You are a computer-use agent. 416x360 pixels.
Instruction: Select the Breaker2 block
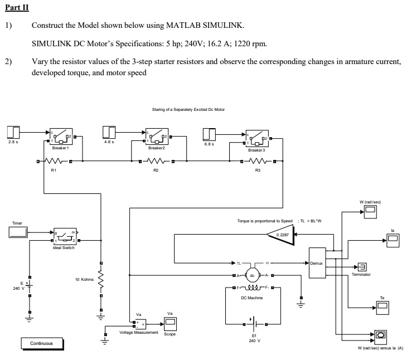[157, 136]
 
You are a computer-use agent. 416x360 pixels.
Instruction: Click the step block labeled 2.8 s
[14, 132]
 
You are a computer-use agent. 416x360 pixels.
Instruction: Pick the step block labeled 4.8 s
[109, 132]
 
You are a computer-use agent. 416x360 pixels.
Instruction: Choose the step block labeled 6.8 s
[210, 134]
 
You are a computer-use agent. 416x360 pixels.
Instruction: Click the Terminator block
[361, 267]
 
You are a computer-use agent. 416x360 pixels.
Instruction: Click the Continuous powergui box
[42, 343]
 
